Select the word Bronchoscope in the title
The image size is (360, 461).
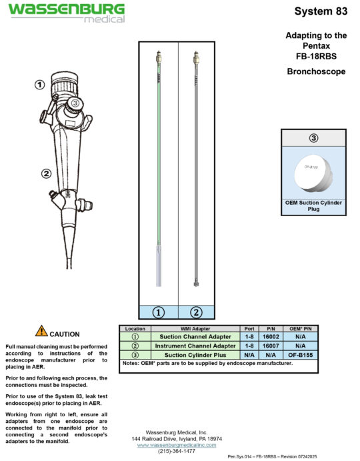316,71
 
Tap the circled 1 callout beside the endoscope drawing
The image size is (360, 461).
39,85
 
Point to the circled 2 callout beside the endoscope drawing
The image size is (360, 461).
46,174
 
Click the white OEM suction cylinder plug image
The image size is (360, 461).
313,173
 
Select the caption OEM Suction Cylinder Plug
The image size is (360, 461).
313,205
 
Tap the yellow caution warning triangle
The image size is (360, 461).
41,331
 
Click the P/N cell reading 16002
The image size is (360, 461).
273,338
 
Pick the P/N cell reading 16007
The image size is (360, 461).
273,346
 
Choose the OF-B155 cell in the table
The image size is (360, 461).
301,355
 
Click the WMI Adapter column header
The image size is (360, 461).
195,329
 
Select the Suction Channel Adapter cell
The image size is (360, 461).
195,338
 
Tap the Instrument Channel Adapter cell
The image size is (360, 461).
195,346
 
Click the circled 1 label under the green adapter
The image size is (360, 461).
159,312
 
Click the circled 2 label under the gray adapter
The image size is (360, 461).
196,312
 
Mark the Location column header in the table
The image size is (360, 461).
135,329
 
